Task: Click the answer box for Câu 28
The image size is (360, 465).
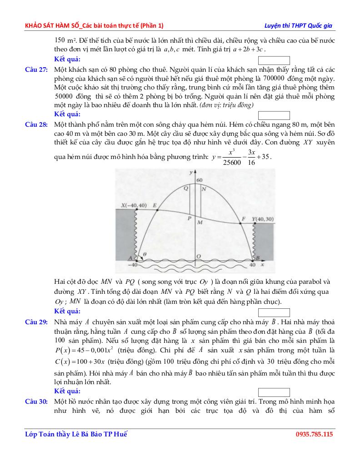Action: pyautogui.click(x=274, y=312)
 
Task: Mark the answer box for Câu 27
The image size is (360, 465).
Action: pyautogui.click(x=274, y=115)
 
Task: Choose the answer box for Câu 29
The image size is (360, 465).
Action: pyautogui.click(x=274, y=392)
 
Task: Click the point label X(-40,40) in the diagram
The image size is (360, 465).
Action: pyautogui.click(x=134, y=206)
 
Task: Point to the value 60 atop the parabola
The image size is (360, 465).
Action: pyautogui.click(x=199, y=180)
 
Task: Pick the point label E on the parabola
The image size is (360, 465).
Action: pyautogui.click(x=155, y=206)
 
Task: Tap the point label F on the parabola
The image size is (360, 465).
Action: pyautogui.click(x=243, y=219)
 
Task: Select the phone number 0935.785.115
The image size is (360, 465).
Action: pyautogui.click(x=314, y=434)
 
